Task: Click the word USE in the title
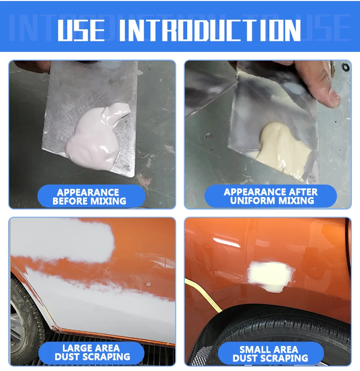point(81,30)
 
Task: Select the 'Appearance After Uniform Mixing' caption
point(270,197)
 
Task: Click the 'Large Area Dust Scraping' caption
point(92,352)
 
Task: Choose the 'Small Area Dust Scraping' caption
point(270,354)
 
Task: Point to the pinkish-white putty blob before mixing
point(96,137)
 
